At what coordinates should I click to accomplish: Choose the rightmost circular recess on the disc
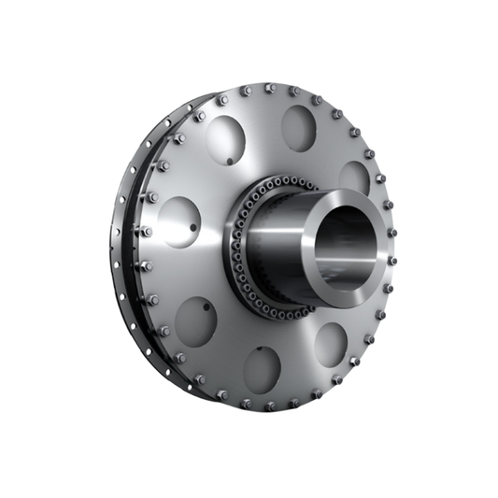tap(354, 178)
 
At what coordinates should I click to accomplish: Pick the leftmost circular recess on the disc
tap(178, 222)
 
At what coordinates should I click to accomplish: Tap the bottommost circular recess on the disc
tap(263, 368)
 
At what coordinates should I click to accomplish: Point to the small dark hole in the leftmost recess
tap(193, 227)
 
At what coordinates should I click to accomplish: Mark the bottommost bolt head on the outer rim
tap(270, 406)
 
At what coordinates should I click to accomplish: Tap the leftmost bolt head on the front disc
tap(144, 233)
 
